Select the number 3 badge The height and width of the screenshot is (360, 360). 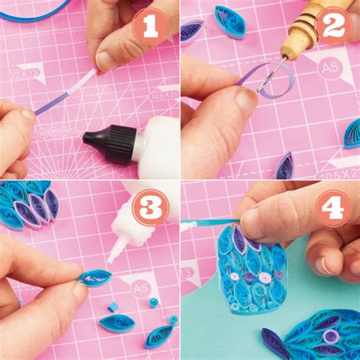[x=150, y=207]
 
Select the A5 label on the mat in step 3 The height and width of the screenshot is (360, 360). [x=141, y=287]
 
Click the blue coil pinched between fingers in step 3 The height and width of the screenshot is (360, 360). [x=95, y=278]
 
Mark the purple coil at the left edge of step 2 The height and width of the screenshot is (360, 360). [x=191, y=30]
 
